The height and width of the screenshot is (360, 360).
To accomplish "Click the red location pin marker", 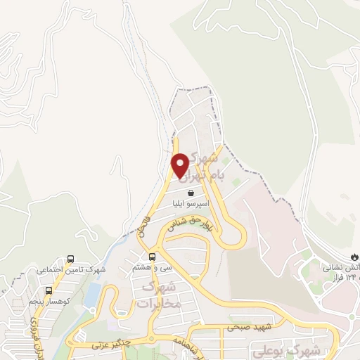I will tap(180, 165).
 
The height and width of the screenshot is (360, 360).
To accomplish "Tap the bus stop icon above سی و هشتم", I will tap(150, 255).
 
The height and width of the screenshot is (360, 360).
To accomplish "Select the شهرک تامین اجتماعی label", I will tap(70, 270).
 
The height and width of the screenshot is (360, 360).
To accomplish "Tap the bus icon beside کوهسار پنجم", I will tap(48, 290).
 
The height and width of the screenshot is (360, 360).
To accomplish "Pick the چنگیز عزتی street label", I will tap(112, 345).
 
